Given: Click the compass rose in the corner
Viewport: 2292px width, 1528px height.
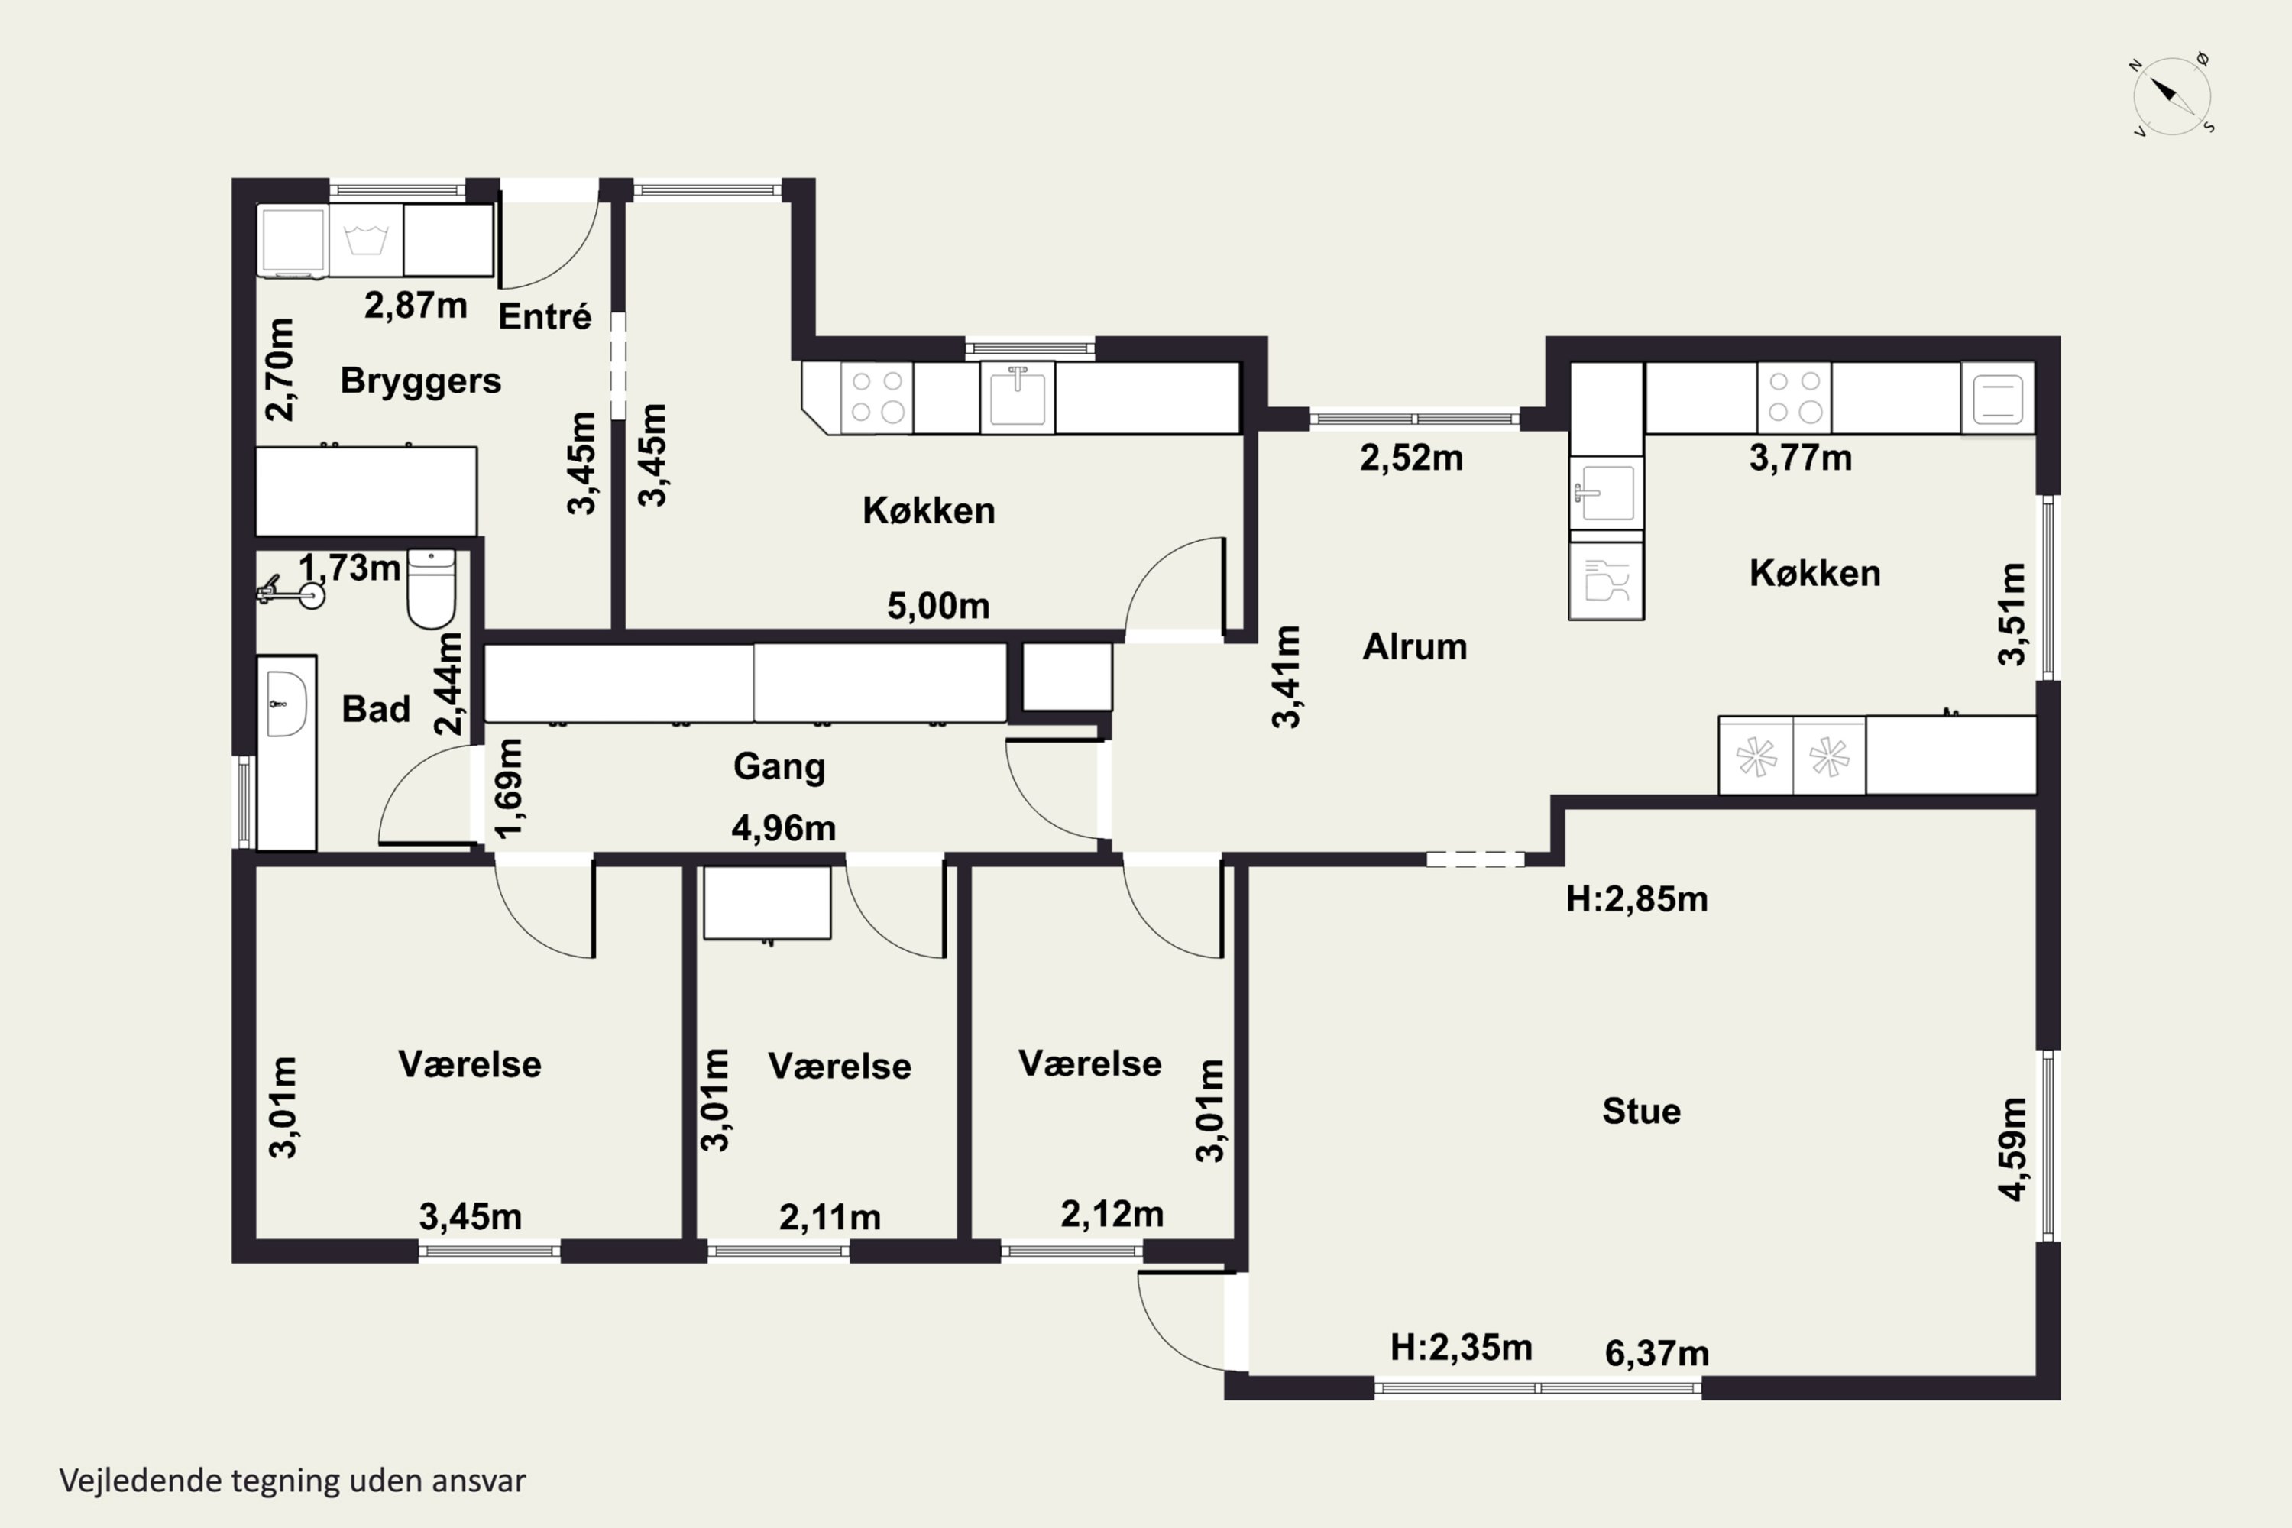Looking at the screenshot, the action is [x=2171, y=95].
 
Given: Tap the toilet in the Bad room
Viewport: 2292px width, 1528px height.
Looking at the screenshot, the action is [x=431, y=588].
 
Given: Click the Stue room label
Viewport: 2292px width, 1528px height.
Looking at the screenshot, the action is [x=1641, y=1111].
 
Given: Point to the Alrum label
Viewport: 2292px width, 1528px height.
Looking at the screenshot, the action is [x=1414, y=646].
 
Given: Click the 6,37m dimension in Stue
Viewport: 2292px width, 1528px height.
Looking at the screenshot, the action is [x=1656, y=1352].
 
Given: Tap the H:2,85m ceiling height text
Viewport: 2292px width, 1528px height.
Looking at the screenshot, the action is [x=1636, y=898].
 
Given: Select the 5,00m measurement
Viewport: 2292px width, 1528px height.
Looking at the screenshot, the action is [x=937, y=606].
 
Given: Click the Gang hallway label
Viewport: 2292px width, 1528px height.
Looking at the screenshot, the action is [x=779, y=767].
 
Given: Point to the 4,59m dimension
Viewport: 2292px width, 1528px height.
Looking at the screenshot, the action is [x=2012, y=1149].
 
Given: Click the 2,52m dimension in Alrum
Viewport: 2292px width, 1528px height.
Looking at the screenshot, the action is [x=1411, y=457].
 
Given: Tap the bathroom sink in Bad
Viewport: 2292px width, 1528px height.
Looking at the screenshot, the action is [x=286, y=704].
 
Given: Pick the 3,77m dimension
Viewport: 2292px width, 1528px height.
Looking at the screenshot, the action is [x=1800, y=457].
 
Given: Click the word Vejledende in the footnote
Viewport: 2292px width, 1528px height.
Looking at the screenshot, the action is [x=141, y=1481].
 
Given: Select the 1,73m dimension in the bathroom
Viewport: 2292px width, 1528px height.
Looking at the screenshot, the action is [x=349, y=567].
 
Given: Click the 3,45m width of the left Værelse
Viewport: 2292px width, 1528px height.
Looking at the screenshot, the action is [x=471, y=1216].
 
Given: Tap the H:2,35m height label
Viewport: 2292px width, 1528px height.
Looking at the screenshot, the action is [x=1461, y=1348].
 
